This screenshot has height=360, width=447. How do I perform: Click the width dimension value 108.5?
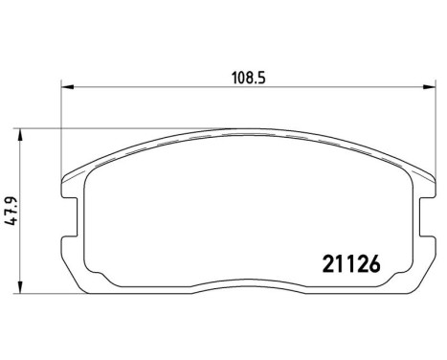pyautogui.click(x=246, y=77)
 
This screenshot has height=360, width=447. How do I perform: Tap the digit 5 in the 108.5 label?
pyautogui.click(x=258, y=77)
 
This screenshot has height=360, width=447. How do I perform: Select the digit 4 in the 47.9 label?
pyautogui.click(x=12, y=221)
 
